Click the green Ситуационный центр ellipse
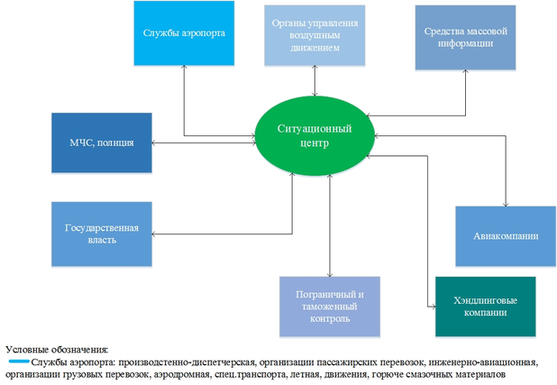315,135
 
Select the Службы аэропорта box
183,34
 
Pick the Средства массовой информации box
465,36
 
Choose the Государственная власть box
88,234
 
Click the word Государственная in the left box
88,228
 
